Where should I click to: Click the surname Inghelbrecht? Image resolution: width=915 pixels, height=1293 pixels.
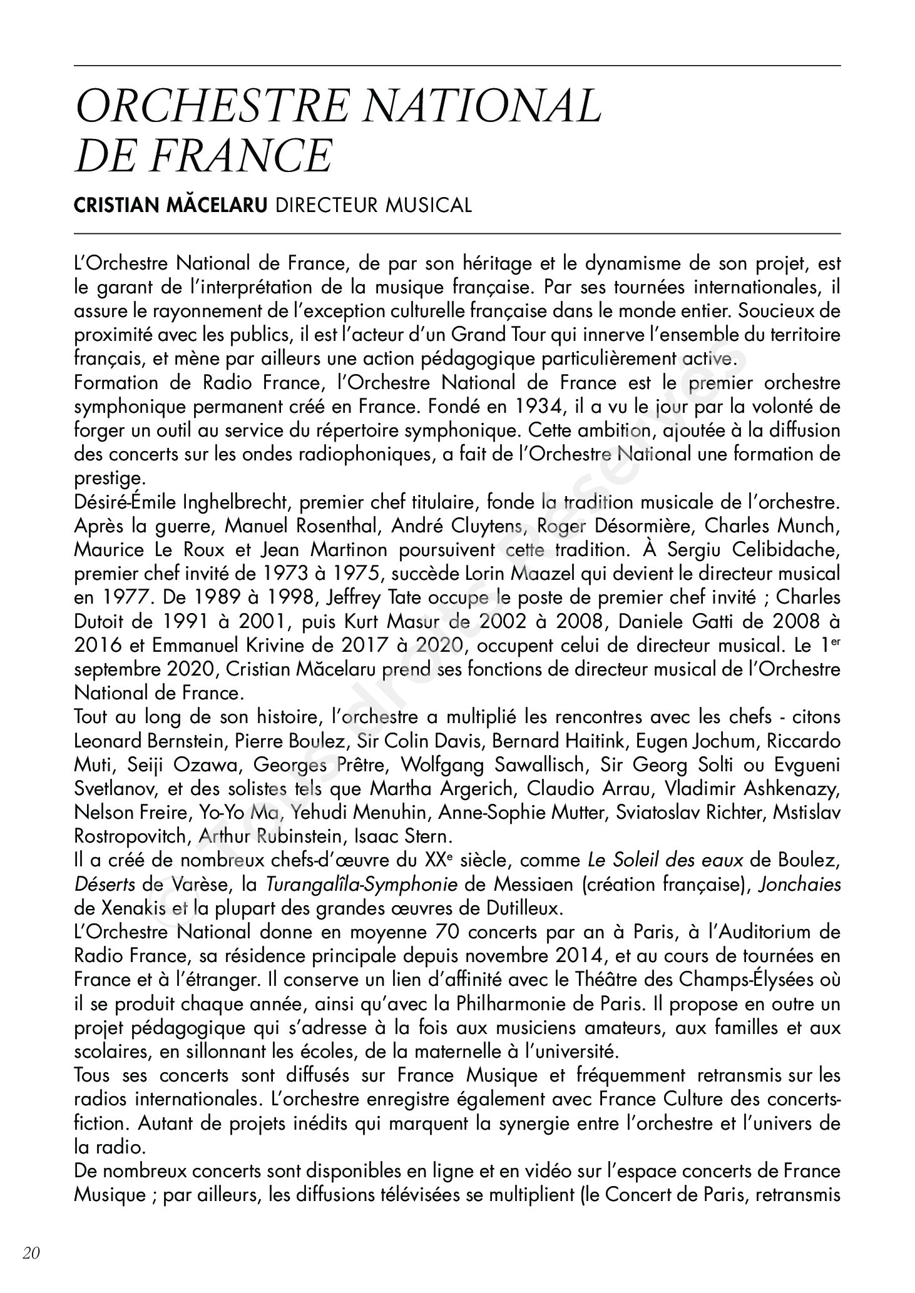click(x=236, y=502)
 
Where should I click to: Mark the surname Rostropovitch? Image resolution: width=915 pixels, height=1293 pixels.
click(x=131, y=836)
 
